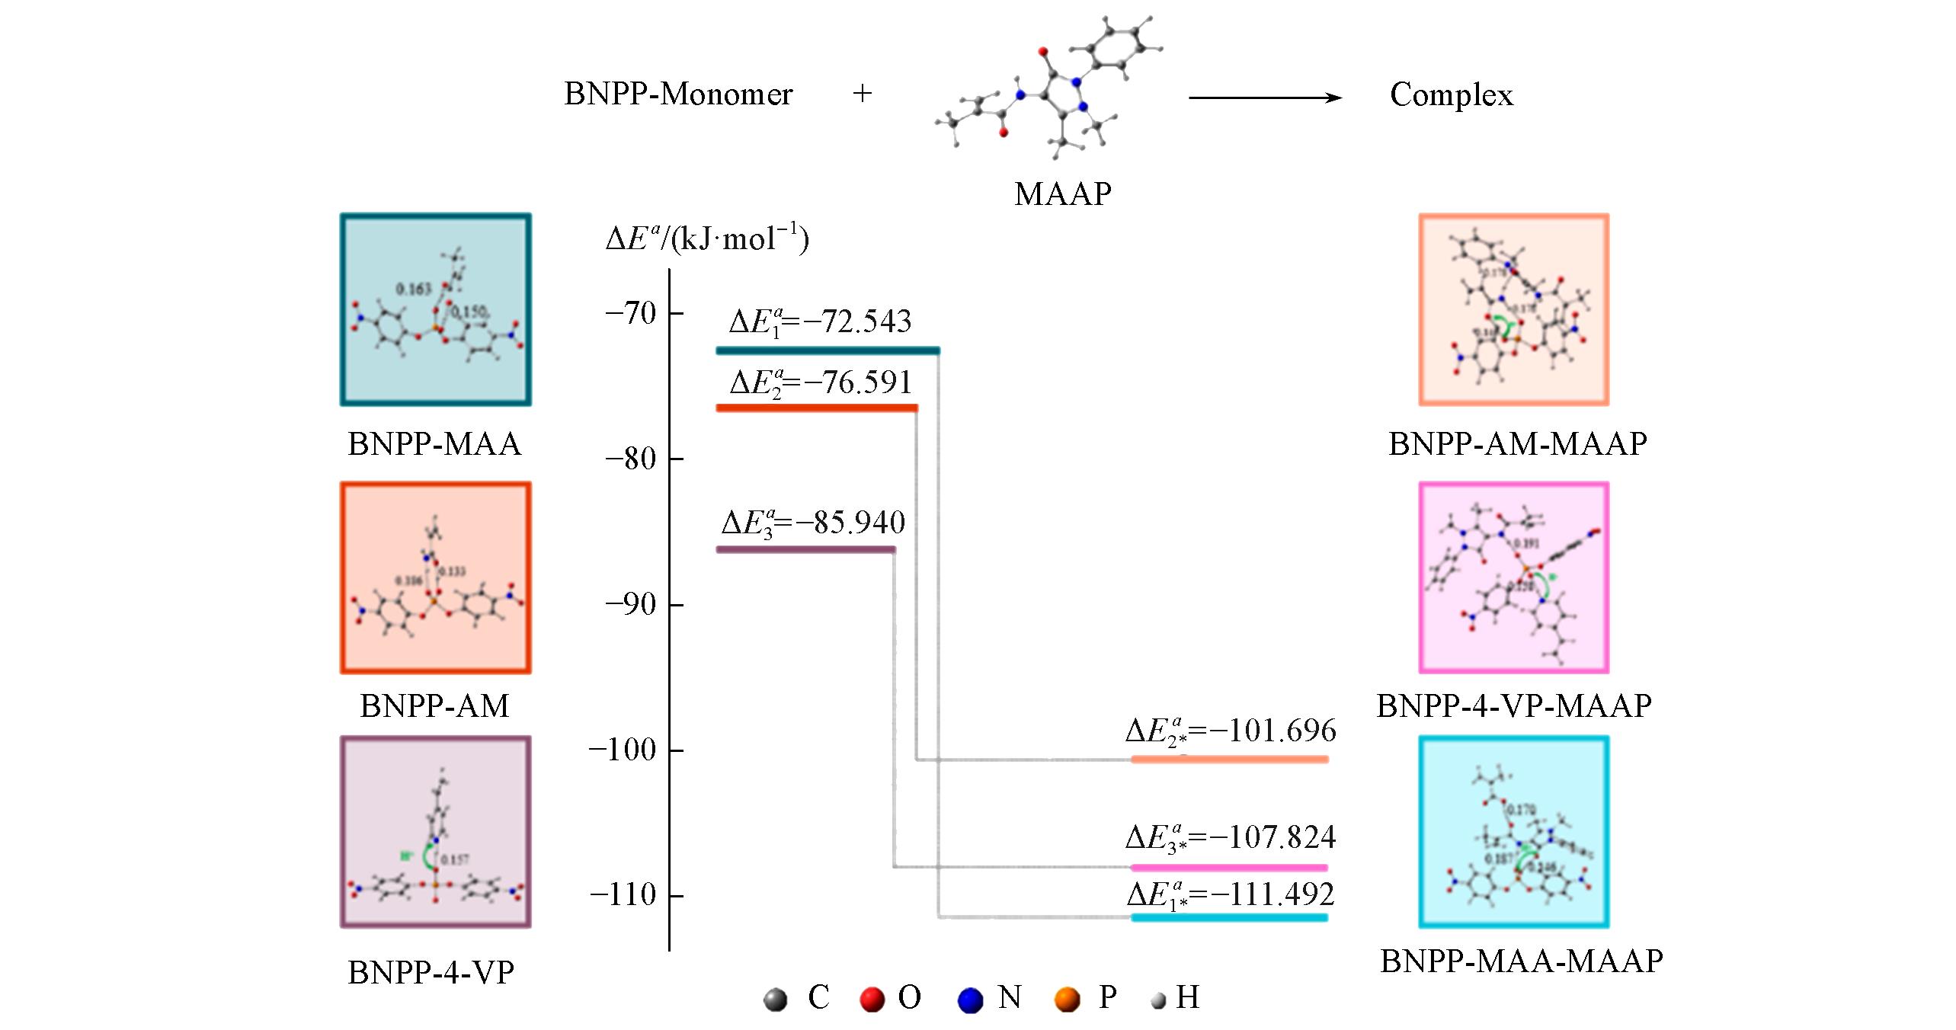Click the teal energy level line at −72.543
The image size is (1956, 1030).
(827, 350)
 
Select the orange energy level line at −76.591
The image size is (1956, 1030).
(816, 408)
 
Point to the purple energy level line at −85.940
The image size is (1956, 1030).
(805, 549)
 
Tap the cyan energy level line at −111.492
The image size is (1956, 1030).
(1229, 917)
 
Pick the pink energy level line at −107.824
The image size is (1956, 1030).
(1229, 867)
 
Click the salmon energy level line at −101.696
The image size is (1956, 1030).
(1229, 759)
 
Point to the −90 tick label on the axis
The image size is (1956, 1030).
(629, 604)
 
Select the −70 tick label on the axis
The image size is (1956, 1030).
(629, 313)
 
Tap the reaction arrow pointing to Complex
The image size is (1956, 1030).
(1265, 98)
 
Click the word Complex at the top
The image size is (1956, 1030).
(1451, 95)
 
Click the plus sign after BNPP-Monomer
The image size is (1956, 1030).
(862, 94)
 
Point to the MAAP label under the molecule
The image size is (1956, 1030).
(1062, 194)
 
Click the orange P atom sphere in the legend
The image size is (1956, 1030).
(1067, 999)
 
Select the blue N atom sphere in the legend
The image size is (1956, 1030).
(969, 999)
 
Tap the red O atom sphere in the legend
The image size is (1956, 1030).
(872, 999)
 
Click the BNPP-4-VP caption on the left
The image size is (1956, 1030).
(431, 973)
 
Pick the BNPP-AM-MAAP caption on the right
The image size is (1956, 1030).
(1517, 443)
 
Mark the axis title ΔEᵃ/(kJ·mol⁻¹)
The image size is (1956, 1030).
(706, 239)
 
